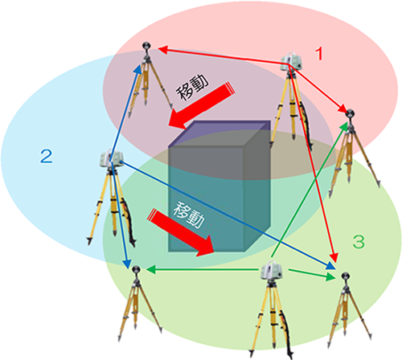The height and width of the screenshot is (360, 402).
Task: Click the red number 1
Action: click(x=319, y=53)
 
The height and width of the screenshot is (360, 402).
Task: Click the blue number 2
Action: click(x=47, y=156)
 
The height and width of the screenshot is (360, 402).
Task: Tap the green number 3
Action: click(x=359, y=241)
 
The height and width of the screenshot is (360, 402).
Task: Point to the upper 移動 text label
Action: click(x=192, y=87)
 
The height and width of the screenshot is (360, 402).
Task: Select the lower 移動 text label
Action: click(x=189, y=215)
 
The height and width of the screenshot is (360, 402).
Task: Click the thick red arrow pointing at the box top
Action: click(x=201, y=105)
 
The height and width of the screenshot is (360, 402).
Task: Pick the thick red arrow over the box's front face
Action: click(x=181, y=232)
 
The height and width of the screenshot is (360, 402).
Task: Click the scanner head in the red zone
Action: click(x=291, y=61)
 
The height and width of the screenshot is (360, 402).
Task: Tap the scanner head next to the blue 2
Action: click(x=112, y=158)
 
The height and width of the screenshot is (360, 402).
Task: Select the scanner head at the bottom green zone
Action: click(x=272, y=270)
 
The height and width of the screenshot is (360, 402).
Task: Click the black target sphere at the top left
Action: click(x=146, y=46)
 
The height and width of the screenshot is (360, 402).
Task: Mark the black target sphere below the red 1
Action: click(x=350, y=113)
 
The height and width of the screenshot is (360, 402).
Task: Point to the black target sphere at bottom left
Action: click(x=136, y=269)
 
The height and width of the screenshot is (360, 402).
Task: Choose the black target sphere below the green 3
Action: click(x=345, y=276)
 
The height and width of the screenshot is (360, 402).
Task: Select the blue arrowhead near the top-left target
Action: click(x=138, y=70)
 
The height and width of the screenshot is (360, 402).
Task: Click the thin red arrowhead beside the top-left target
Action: click(x=162, y=50)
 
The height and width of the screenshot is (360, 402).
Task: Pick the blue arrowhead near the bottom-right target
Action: click(x=330, y=266)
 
